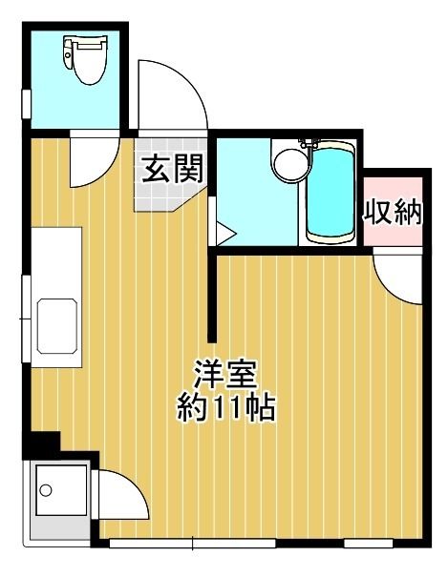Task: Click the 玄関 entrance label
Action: coord(173,169)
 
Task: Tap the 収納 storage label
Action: coord(392,212)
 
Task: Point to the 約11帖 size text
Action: coord(226,407)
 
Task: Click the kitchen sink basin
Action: coord(59,326)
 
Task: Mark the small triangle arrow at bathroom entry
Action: coord(225,232)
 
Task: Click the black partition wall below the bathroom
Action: coord(213,296)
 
